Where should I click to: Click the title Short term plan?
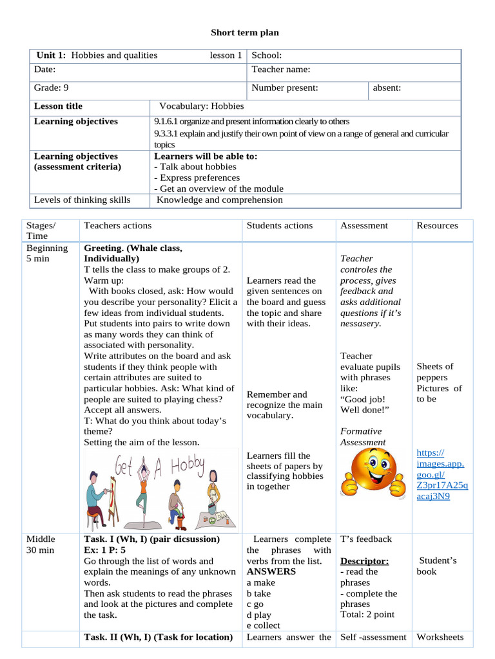click(x=246, y=33)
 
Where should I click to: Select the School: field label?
click(x=266, y=55)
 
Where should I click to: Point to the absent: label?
click(x=387, y=88)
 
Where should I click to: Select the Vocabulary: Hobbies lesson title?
click(x=201, y=106)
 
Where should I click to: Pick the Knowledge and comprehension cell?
click(x=220, y=200)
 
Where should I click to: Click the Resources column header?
click(x=437, y=225)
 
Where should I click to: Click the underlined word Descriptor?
click(x=364, y=561)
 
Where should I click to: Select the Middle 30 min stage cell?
click(x=41, y=544)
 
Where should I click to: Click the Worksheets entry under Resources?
click(x=440, y=637)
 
